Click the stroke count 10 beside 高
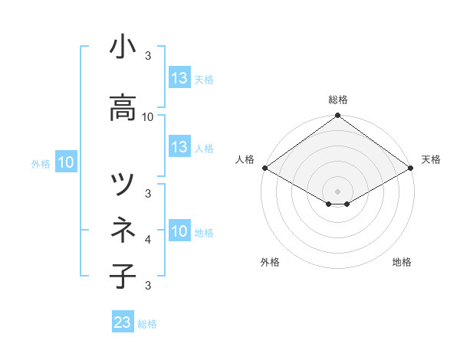(x=148, y=117)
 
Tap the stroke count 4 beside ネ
(x=148, y=240)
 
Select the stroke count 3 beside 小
(x=148, y=56)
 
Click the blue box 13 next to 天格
(x=179, y=78)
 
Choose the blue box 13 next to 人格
(x=179, y=147)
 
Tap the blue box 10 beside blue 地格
(x=179, y=231)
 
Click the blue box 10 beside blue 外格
(x=66, y=162)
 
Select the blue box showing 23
(x=123, y=322)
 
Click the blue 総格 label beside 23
(x=147, y=323)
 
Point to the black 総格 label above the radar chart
(x=338, y=100)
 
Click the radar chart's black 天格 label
(x=431, y=159)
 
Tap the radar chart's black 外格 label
(x=270, y=262)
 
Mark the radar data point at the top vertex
(x=337, y=116)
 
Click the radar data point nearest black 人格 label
(x=264, y=168)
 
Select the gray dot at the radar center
(x=337, y=191)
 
